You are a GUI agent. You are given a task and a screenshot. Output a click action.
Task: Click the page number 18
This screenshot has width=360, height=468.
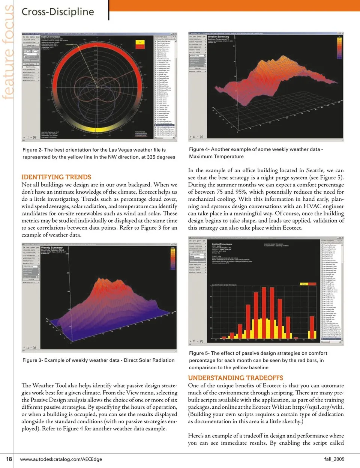click(9, 459)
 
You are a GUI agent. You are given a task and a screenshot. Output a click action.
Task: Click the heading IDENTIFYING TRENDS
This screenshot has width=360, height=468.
click(56, 177)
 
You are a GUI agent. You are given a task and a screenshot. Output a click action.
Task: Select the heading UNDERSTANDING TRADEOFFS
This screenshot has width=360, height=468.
click(235, 378)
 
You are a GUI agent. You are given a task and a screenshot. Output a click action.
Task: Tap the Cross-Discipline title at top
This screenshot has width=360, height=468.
click(58, 12)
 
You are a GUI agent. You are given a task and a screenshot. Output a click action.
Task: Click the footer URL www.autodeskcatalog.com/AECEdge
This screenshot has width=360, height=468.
click(61, 459)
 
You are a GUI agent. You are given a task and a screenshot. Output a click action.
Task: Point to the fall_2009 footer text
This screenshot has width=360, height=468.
click(334, 459)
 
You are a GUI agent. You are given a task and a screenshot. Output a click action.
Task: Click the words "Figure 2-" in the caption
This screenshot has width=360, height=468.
click(33, 150)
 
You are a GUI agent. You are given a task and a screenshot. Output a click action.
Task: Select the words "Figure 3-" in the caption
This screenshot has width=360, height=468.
click(33, 360)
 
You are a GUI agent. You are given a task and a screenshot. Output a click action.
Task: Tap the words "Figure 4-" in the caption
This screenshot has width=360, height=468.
click(199, 149)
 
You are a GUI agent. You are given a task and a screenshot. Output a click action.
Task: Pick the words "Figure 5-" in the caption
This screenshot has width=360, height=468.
click(199, 353)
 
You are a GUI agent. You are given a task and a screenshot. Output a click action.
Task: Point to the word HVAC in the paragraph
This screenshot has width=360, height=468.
click(312, 206)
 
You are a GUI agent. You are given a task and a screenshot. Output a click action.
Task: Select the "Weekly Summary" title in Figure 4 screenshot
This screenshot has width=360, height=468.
click(218, 36)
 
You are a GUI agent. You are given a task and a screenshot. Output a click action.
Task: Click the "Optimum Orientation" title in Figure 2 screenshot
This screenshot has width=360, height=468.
click(51, 37)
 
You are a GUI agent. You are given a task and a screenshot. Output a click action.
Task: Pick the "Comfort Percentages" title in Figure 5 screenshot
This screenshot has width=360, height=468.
click(222, 244)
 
